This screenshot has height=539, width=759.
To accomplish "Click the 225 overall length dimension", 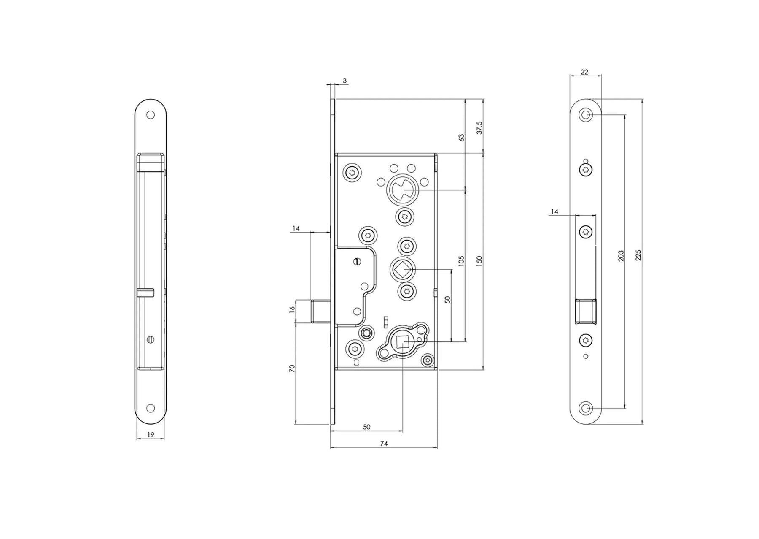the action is [638, 255].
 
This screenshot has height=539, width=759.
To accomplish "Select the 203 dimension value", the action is [621, 256].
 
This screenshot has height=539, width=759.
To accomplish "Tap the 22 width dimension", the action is [584, 72].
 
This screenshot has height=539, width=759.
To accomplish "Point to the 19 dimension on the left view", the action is [151, 434].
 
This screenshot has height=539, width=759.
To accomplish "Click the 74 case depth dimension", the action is [384, 444].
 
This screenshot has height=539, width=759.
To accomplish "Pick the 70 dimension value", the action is [292, 368].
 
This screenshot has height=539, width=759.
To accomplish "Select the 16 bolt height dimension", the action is [292, 310].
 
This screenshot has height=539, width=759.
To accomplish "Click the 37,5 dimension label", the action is [479, 128].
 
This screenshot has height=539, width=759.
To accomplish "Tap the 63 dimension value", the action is [461, 138].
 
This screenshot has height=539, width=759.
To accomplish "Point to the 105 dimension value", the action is [461, 261].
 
